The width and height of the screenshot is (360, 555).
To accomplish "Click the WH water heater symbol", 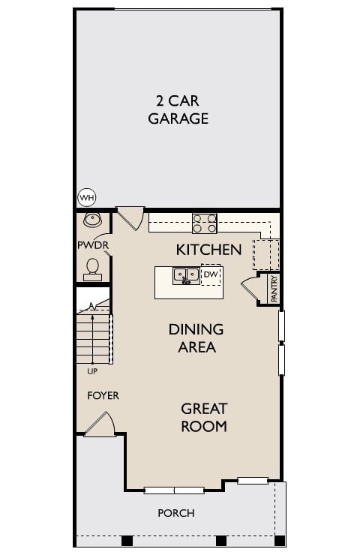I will [88, 198].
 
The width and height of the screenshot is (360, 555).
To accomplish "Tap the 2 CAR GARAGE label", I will [178, 109].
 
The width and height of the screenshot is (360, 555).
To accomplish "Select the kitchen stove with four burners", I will [205, 223].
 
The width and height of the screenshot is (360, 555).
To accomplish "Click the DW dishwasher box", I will [211, 275].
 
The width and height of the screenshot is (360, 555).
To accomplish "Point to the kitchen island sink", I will [185, 276].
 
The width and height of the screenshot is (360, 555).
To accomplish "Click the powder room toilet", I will [93, 268].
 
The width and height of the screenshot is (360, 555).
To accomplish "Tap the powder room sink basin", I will [93, 220].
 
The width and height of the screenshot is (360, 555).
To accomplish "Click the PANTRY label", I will [274, 288].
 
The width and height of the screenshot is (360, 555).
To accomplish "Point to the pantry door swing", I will [248, 289].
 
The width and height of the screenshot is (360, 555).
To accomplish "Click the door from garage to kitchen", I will [130, 218].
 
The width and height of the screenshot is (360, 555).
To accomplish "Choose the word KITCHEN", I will [208, 249].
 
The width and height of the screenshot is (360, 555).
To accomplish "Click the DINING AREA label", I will [196, 338].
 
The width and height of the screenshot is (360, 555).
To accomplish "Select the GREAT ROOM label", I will [204, 418].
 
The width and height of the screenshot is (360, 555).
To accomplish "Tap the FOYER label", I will [103, 395].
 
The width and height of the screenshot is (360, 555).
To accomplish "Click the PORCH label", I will [176, 513].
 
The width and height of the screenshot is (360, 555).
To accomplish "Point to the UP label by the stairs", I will [91, 370].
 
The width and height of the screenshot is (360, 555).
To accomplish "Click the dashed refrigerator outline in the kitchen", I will [265, 253].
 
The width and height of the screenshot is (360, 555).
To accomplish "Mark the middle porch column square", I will [220, 540].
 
